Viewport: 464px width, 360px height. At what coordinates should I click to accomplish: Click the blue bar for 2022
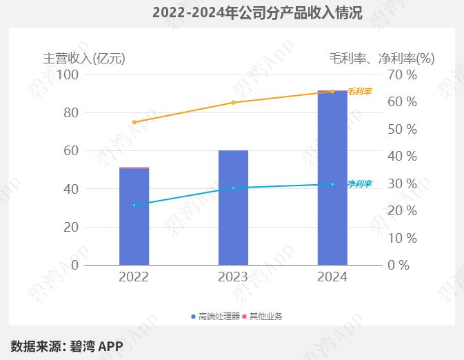tap(134, 217)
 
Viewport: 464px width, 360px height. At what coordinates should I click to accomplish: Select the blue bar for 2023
tap(233, 208)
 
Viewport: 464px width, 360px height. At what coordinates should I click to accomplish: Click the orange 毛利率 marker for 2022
tap(134, 122)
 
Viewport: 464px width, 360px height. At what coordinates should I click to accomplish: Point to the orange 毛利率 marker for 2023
tap(233, 103)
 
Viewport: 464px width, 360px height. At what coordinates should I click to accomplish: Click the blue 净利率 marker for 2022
tap(134, 205)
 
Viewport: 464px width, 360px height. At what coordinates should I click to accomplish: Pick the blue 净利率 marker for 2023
tap(233, 188)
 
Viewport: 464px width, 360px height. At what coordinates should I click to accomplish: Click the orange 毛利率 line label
tap(359, 91)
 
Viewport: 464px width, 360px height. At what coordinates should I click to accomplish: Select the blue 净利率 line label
tap(359, 184)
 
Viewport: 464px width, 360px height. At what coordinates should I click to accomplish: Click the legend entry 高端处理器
tap(215, 317)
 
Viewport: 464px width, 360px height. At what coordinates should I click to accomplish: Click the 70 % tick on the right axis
tap(402, 74)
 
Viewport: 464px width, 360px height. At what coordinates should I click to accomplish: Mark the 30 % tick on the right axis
tap(402, 183)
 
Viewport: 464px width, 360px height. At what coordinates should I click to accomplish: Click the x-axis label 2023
tap(233, 277)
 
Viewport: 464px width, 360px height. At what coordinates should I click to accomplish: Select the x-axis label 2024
tap(332, 277)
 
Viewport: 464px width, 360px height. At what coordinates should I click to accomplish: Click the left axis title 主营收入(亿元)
tap(84, 59)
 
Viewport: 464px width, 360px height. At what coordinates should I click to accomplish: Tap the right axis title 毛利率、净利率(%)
tap(381, 59)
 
